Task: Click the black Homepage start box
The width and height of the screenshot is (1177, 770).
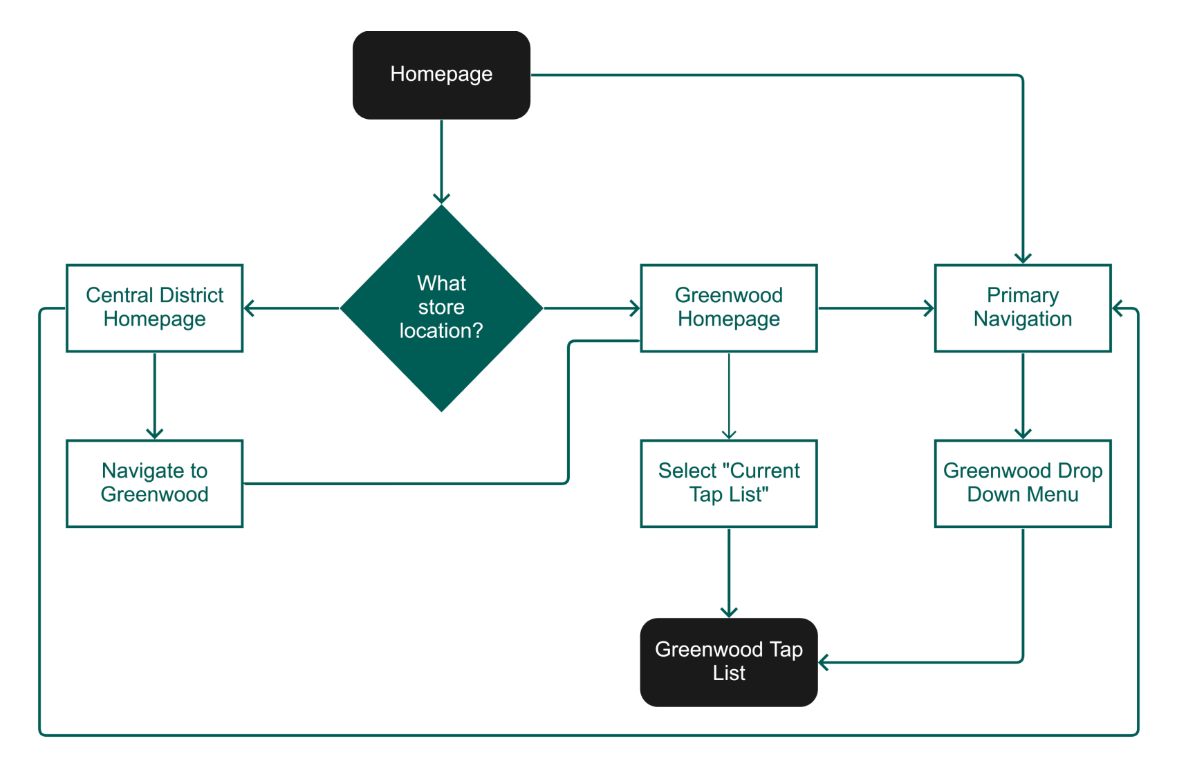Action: click(x=441, y=75)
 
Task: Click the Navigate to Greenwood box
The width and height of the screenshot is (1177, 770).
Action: click(x=154, y=483)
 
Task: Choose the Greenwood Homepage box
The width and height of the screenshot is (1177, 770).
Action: click(x=728, y=308)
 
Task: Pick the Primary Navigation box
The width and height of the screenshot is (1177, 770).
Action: click(x=1022, y=308)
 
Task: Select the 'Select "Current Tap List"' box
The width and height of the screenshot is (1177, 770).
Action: click(x=728, y=483)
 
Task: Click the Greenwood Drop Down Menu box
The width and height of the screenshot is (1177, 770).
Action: click(x=1022, y=483)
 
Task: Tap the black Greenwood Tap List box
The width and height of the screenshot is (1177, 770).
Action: click(x=728, y=661)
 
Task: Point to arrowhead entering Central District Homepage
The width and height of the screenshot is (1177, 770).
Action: click(x=249, y=308)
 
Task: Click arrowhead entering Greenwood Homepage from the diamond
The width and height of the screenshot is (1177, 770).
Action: click(x=635, y=308)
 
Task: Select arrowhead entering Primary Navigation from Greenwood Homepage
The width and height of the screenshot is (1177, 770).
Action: click(x=929, y=308)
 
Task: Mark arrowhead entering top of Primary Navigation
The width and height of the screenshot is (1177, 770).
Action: click(x=1023, y=259)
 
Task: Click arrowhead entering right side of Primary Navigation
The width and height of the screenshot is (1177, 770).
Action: click(x=1118, y=309)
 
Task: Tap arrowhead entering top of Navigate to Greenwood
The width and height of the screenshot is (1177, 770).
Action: click(x=154, y=434)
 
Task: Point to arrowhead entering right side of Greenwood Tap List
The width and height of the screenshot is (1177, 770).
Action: click(x=824, y=663)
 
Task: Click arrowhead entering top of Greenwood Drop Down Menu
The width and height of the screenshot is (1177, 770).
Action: click(x=1023, y=434)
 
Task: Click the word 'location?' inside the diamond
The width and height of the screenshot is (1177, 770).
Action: click(x=441, y=331)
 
